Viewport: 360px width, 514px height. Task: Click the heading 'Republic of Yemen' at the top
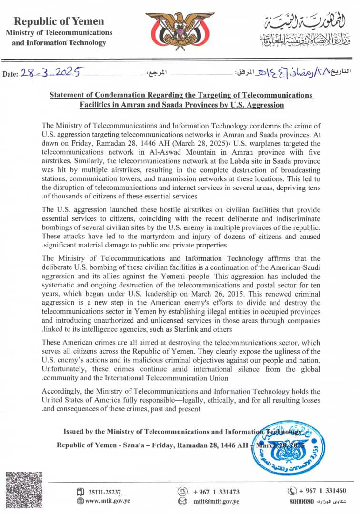tap(59, 21)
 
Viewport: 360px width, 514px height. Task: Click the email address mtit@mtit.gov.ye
tap(216, 501)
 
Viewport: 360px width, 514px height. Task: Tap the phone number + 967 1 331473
tap(216, 491)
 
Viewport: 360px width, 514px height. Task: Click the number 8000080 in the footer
tap(301, 502)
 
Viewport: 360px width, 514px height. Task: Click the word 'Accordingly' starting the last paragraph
tap(60, 391)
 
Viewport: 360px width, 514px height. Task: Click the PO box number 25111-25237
tap(105, 492)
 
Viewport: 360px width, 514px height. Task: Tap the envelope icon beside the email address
tap(182, 501)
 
